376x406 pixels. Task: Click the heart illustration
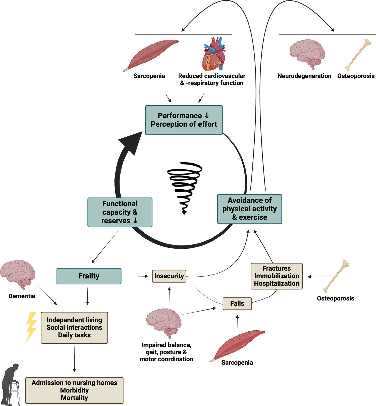tap(214, 54)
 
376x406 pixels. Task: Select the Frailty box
tap(89, 276)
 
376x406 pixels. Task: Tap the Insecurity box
tap(169, 276)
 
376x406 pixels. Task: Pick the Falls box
tap(237, 303)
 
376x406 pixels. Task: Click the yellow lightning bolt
tap(31, 327)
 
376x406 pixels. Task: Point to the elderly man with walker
tap(11, 384)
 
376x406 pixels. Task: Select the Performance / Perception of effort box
tap(184, 120)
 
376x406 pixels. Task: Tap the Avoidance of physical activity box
tap(249, 209)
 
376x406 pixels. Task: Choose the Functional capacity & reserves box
tap(120, 212)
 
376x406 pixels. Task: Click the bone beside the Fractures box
tap(336, 276)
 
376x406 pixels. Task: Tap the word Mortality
tap(74, 398)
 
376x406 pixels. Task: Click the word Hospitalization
tap(277, 284)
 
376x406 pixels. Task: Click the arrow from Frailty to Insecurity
tap(137, 276)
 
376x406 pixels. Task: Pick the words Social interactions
tap(74, 328)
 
